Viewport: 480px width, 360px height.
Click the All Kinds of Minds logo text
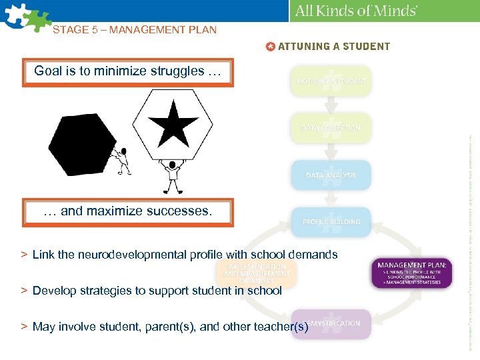tap(356, 11)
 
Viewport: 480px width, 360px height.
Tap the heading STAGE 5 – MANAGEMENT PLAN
tap(135, 29)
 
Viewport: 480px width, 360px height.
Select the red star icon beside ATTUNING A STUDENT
tap(270, 47)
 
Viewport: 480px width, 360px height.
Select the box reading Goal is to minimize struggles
tap(127, 72)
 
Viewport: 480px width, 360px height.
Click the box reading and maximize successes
tap(127, 212)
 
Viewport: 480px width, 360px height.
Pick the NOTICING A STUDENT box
tap(331, 81)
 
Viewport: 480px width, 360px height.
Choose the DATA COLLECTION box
tap(331, 128)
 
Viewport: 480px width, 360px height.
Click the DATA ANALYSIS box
tap(331, 175)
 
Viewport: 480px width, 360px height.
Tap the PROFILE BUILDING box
tap(331, 222)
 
